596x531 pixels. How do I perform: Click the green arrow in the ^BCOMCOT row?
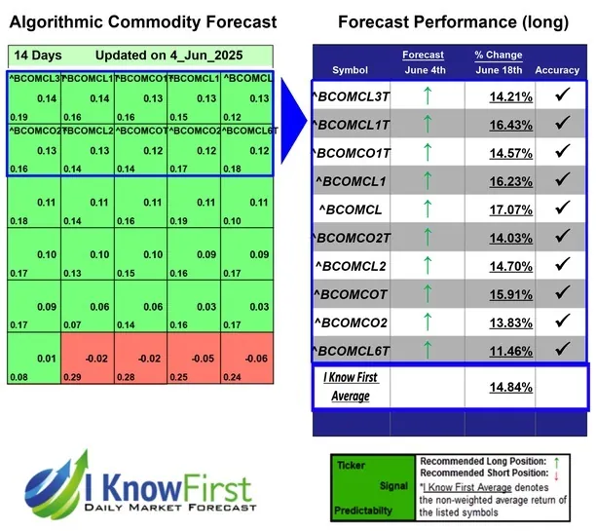point(427,291)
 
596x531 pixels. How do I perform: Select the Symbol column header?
point(350,70)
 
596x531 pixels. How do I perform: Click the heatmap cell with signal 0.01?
point(34,360)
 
